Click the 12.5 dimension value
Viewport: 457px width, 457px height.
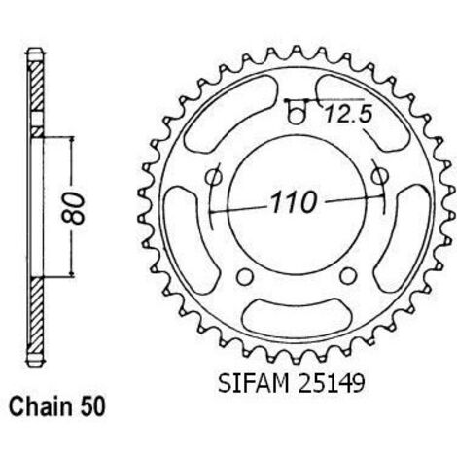pos(347,114)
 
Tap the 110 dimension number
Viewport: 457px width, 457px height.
pos(294,203)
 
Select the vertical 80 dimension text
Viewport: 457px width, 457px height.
pos(73,208)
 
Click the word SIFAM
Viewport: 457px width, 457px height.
pos(254,384)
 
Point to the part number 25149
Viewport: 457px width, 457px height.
pos(332,384)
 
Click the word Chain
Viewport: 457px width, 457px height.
pos(41,406)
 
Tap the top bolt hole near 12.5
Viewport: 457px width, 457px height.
pos(296,116)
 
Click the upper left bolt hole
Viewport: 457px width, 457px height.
pos(214,177)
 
